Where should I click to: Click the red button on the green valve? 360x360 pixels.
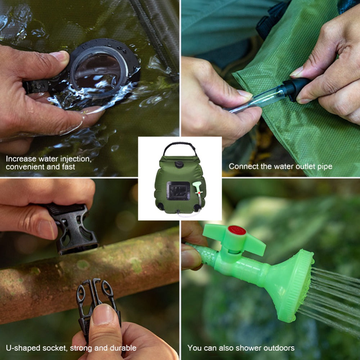[x=237, y=230]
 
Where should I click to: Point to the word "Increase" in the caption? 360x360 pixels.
[x=20, y=159]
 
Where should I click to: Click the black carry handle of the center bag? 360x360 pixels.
[x=180, y=146]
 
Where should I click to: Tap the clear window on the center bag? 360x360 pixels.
[x=178, y=191]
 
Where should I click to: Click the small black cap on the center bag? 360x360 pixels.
[x=179, y=164]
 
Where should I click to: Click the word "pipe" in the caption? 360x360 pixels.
[x=325, y=167]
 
